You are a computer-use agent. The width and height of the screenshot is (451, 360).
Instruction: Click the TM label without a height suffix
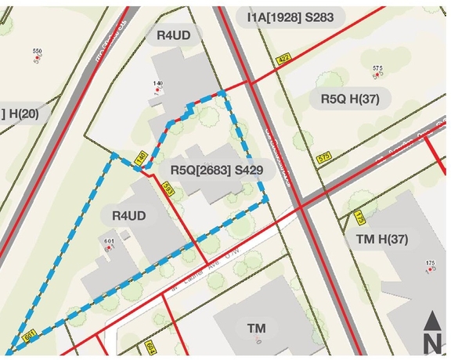click(x=256, y=327)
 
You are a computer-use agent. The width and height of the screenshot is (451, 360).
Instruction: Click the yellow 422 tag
click(x=283, y=59)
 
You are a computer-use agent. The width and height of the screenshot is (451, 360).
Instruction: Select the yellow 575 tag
click(x=325, y=158)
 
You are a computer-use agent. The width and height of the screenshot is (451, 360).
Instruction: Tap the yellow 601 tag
click(x=31, y=335)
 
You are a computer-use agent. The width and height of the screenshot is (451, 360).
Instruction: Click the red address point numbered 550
click(x=37, y=57)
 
